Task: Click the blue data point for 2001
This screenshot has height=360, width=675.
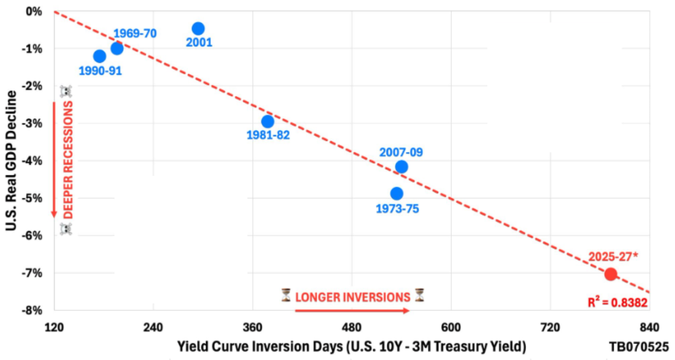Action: coord(198,29)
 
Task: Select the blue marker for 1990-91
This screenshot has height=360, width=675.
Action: coord(100,56)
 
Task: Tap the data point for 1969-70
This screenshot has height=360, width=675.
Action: coord(117,48)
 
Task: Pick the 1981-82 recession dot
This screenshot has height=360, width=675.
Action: coord(268,121)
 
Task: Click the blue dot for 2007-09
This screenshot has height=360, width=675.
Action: coord(401,167)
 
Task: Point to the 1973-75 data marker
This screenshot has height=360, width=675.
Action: coord(397,194)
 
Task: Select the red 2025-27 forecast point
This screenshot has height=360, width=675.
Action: coord(610,274)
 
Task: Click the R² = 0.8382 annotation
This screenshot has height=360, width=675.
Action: coord(617,303)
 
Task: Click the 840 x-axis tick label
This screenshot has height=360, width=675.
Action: coord(649,327)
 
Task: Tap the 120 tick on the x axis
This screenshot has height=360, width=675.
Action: coord(54,327)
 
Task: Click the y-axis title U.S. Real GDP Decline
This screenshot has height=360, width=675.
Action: coord(10,160)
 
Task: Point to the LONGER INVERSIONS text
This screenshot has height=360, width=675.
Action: coord(353,296)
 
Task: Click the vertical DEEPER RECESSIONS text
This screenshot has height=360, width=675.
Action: coord(68,160)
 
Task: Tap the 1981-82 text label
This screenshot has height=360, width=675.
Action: coord(268,135)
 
